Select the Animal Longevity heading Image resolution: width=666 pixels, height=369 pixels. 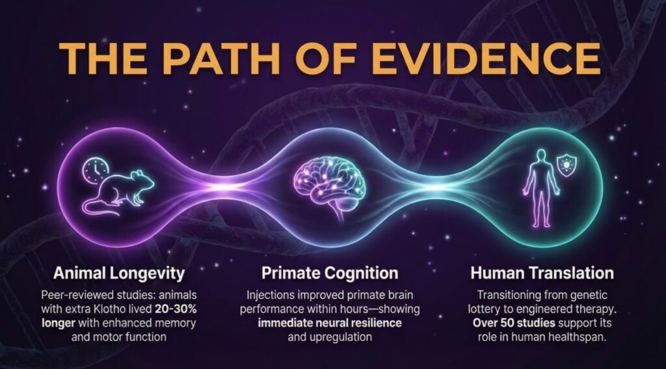119,273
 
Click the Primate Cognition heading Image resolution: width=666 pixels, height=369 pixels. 330,273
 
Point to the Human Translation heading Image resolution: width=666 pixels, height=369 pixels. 542,273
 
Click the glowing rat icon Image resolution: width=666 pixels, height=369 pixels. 118,191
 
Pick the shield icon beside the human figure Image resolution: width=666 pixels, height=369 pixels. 566,165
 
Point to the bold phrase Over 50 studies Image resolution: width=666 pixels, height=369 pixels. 514,323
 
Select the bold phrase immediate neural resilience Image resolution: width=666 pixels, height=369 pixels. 330,323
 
